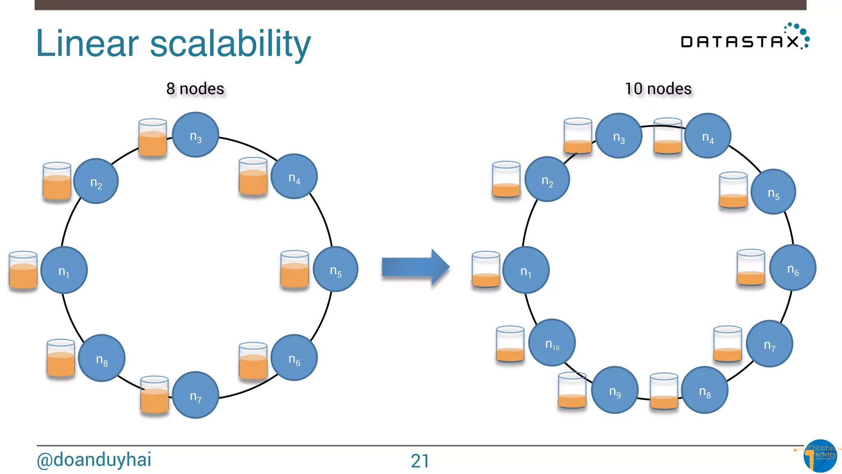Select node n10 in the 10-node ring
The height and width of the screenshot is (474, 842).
pyautogui.click(x=552, y=343)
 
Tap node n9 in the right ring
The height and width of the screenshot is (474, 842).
pyautogui.click(x=615, y=390)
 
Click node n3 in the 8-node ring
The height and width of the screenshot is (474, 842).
pyautogui.click(x=195, y=135)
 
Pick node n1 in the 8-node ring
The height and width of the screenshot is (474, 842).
pyautogui.click(x=64, y=270)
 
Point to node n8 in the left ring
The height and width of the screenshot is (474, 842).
pyautogui.click(x=102, y=358)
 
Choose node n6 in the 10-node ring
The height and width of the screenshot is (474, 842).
pyautogui.click(x=792, y=268)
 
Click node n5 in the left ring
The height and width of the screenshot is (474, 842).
pyautogui.click(x=335, y=269)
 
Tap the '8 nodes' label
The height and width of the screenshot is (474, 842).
pyautogui.click(x=195, y=88)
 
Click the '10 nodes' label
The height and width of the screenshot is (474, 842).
pyautogui.click(x=658, y=88)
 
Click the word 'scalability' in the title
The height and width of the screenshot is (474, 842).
pyautogui.click(x=230, y=44)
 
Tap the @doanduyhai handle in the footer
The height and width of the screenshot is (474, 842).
pyautogui.click(x=94, y=459)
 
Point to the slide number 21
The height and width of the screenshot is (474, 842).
pyautogui.click(x=420, y=461)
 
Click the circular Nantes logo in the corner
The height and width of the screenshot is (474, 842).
pyautogui.click(x=820, y=456)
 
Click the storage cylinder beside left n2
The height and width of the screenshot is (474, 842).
pyautogui.click(x=57, y=181)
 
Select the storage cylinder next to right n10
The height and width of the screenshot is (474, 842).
pyautogui.click(x=510, y=344)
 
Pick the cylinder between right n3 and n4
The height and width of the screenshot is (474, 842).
pyautogui.click(x=668, y=136)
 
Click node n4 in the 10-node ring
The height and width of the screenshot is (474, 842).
pyautogui.click(x=708, y=136)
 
